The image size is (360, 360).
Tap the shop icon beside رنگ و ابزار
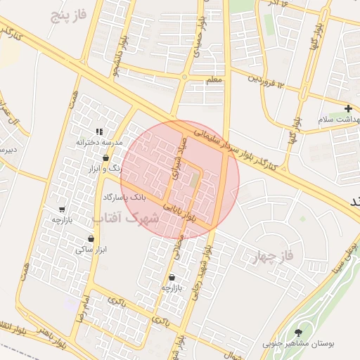pos(105,158)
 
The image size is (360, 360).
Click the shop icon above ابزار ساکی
pos(91,239)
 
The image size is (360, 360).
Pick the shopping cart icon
pos(63,209)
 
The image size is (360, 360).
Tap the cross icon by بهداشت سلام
pos(349,108)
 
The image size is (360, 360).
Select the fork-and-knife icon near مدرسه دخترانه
pos(99,131)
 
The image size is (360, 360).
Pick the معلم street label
pos(214,80)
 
